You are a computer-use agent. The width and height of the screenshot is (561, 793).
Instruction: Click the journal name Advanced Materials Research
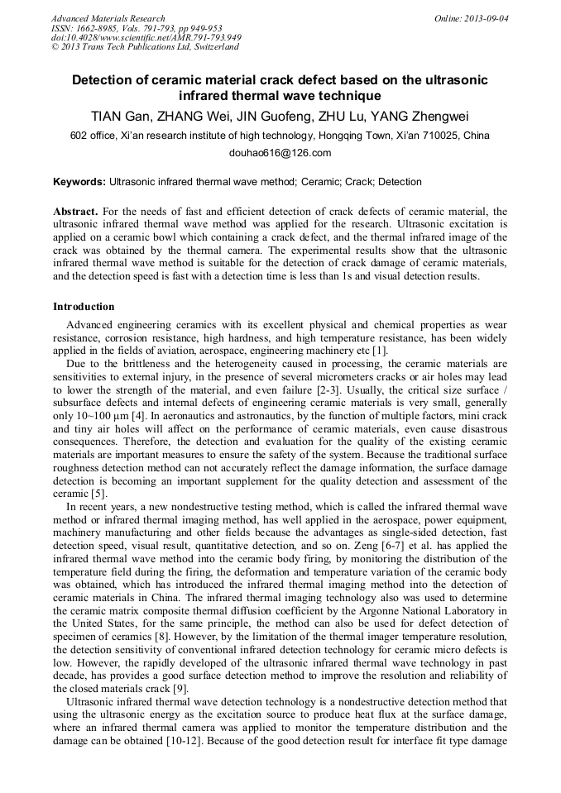pyautogui.click(x=108, y=18)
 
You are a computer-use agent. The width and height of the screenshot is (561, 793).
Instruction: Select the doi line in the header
pyautogui.click(x=146, y=38)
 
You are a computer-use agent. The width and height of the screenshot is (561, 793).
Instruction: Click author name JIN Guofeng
pyautogui.click(x=276, y=116)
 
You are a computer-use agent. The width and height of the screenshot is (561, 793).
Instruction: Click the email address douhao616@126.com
pyautogui.click(x=280, y=153)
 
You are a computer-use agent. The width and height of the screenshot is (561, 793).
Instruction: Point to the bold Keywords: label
pyautogui.click(x=79, y=182)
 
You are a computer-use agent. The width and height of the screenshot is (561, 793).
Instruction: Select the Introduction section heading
pyautogui.click(x=84, y=307)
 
